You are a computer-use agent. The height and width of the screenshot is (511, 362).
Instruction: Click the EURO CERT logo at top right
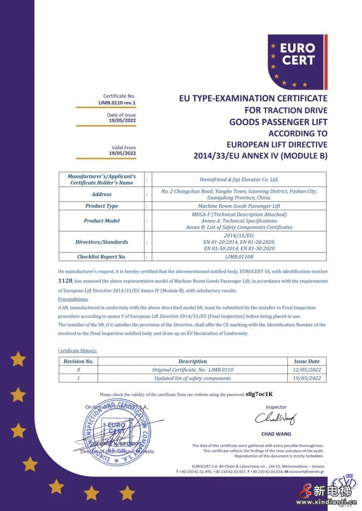[x=297, y=62]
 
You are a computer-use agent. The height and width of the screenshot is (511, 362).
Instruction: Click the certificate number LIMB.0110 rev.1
[x=117, y=103]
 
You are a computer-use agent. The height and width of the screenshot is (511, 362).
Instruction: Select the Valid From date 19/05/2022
[x=122, y=153]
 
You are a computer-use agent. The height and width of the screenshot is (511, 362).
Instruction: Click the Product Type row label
[x=101, y=206]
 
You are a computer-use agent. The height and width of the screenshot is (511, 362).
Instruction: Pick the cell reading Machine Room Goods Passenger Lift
[x=239, y=206]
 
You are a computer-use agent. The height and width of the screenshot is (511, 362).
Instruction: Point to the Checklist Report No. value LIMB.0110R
[x=239, y=257]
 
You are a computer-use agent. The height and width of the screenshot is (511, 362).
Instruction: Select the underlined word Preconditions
[x=73, y=299]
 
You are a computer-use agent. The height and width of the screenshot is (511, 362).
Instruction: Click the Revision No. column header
[x=78, y=361]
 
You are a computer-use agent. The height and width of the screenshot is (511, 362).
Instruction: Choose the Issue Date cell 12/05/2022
[x=307, y=370]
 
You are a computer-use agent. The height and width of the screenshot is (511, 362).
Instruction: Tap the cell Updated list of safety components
[x=192, y=378]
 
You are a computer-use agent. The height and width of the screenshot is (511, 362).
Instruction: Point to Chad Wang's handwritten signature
[x=275, y=419]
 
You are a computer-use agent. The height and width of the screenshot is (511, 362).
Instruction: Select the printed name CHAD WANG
[x=276, y=434]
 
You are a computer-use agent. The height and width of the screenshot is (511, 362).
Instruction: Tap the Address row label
[x=101, y=194]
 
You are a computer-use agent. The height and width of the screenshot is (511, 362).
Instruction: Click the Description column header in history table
[x=192, y=361]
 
